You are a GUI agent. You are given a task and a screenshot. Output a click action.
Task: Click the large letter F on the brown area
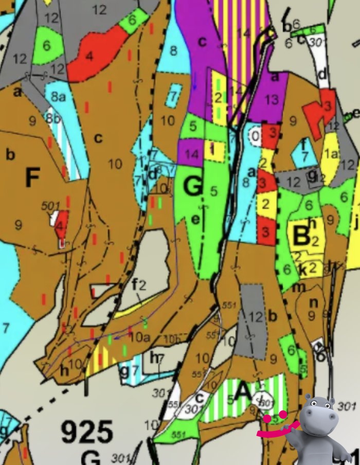tap(32, 178)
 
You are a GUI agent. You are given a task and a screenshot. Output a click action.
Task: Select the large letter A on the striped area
tap(243, 394)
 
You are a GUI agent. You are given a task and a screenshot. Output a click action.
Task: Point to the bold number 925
tap(87, 432)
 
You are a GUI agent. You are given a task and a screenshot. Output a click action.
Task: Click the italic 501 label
tap(51, 206)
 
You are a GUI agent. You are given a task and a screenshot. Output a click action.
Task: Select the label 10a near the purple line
tap(139, 337)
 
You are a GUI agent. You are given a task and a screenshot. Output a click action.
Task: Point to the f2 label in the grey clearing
tap(139, 284)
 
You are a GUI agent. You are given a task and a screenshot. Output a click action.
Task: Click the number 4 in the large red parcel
tap(89, 56)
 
